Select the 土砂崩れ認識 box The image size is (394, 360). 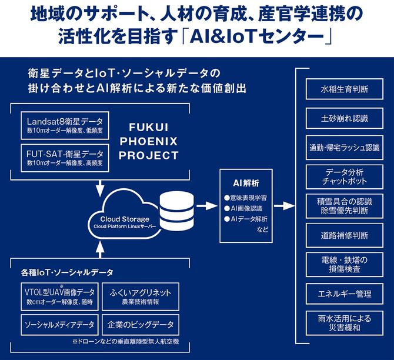[x=345, y=118]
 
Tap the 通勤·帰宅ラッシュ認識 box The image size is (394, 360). [x=345, y=147]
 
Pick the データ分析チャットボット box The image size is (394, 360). [x=345, y=176]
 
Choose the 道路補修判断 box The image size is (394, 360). [x=345, y=235]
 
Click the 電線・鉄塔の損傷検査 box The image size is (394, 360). [x=345, y=264]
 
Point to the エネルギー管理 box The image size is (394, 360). [x=345, y=292]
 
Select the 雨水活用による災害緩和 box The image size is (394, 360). [x=345, y=323]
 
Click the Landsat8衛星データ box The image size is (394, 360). [x=63, y=125]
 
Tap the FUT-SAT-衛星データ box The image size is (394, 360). [x=63, y=157]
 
